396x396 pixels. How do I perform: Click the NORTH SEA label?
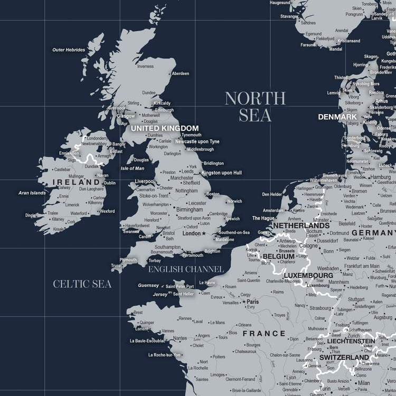point(255,106)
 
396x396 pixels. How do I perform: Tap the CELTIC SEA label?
point(82,284)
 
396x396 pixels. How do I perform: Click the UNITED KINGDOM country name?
point(165,128)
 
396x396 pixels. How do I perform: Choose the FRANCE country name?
point(264,334)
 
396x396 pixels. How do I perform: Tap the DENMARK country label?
point(337,117)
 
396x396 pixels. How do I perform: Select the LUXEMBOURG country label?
point(308,276)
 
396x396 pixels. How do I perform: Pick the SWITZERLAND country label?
point(344,357)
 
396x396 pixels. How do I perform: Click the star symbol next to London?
point(204,233)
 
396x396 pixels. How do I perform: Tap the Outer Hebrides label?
point(69,50)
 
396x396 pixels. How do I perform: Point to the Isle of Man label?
point(133,168)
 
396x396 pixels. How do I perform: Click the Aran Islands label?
point(32,193)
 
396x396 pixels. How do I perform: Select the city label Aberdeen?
point(181,73)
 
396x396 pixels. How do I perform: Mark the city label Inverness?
point(145,66)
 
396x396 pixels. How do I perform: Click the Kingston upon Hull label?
point(222,173)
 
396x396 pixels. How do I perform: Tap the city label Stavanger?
point(289,16)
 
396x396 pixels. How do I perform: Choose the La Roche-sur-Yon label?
point(164,355)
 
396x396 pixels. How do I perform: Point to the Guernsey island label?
point(148,286)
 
